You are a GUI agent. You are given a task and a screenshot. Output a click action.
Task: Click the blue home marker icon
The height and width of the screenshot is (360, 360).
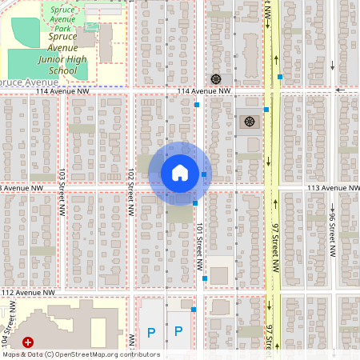coord(180,172)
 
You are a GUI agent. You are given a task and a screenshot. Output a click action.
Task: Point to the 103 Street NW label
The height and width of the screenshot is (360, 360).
coord(62,186)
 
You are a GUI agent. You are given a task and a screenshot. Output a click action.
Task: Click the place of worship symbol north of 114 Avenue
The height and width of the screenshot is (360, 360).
coord(216,78)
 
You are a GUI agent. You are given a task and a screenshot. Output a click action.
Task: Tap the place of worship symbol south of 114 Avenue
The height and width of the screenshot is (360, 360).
coord(250,122)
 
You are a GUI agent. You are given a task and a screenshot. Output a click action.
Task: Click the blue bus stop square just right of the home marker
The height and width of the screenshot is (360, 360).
coord(205,174)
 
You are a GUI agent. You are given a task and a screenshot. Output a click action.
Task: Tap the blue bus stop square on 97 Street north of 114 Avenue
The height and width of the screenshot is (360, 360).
coord(280,77)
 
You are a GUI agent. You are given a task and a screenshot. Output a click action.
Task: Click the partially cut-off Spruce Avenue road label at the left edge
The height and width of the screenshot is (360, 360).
coord(24,82)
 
